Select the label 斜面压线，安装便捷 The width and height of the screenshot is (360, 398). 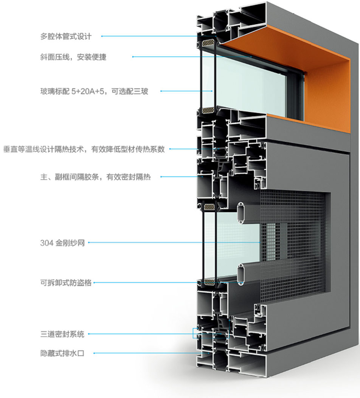tap(73, 57)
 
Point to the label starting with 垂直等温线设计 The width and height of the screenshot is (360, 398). tap(84, 149)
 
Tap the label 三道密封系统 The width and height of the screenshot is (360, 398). tap(62, 334)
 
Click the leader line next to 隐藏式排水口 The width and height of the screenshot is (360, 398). tap(151, 354)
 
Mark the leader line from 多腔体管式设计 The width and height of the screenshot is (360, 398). tap(151, 37)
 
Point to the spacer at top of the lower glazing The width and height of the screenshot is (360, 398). tap(209, 206)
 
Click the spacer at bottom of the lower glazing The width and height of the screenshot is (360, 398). tap(209, 282)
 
